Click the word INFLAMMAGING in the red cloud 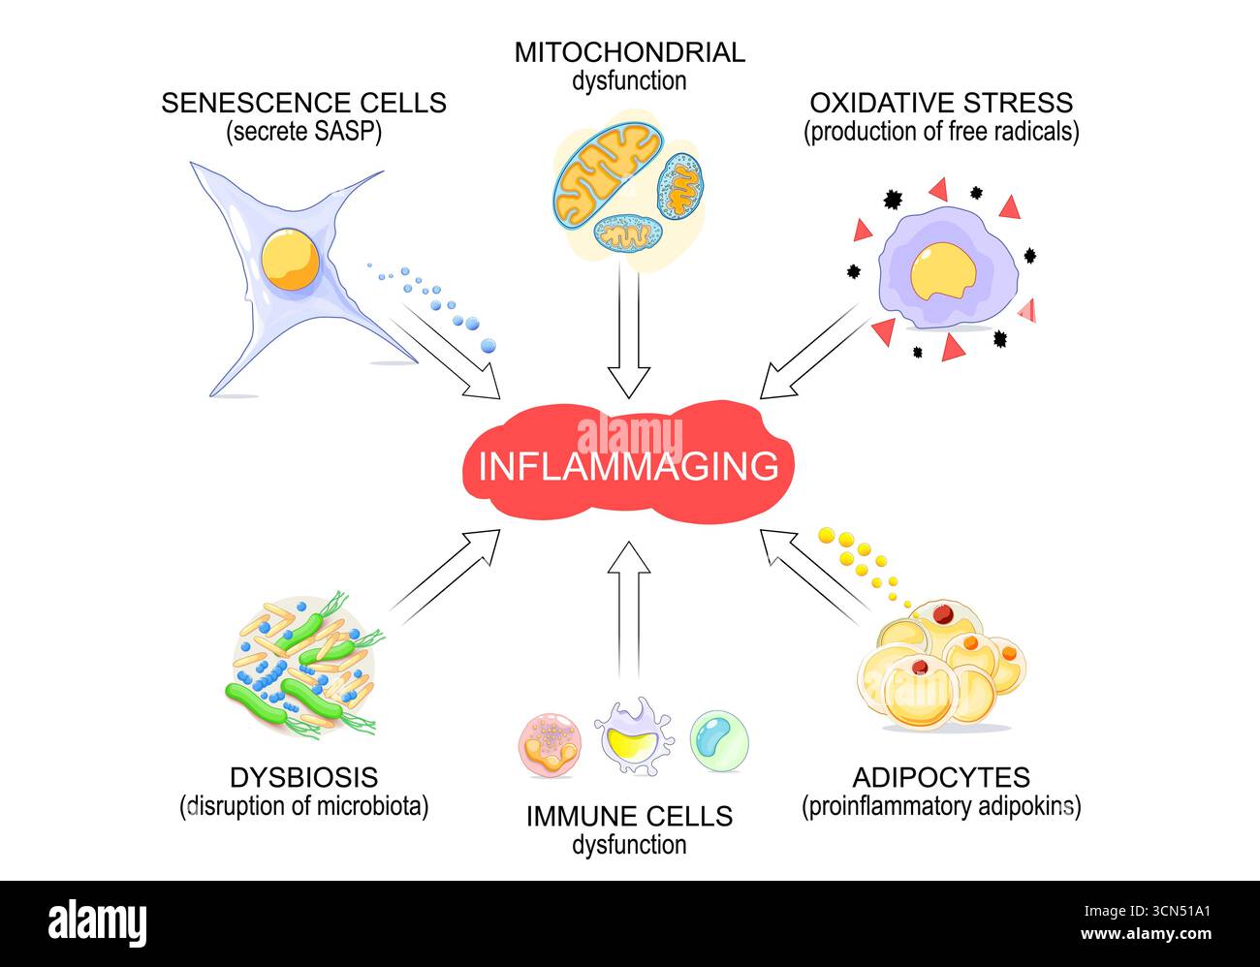629,466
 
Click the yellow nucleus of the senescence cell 290,259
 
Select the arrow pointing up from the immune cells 629,606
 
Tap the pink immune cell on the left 550,744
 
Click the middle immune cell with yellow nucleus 632,736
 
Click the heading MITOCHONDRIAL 629,52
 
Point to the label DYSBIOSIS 303,777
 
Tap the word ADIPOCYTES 941,777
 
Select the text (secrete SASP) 303,132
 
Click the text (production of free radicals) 941,132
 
